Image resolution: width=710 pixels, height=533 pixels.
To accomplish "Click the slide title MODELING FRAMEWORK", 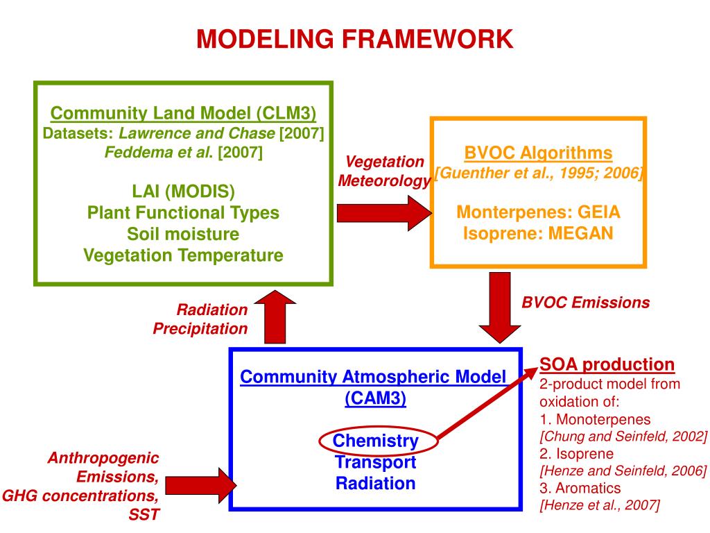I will point(354,39).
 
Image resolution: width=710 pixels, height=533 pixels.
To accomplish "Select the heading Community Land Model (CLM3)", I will point(184,112).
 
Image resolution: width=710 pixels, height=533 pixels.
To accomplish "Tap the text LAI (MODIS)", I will point(183,191).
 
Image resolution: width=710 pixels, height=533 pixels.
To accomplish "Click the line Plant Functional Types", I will point(183,212).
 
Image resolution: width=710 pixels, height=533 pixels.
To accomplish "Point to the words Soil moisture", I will point(183,234).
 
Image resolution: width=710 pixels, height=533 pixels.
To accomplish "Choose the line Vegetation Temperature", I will point(183,255).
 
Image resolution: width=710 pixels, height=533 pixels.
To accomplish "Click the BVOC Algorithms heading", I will point(538,153).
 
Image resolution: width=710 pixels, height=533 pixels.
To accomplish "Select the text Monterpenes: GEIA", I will point(538,212).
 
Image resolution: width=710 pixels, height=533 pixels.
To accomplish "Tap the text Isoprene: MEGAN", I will point(538,233).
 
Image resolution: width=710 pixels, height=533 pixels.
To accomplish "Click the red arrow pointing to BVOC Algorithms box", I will point(382,212).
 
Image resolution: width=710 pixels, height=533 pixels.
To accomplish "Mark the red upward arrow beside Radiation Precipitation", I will point(276,317).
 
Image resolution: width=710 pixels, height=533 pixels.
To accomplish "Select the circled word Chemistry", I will point(375,441).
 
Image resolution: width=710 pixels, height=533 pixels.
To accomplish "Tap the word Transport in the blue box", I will point(375,462).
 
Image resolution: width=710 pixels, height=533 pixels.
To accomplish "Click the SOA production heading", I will point(607,365).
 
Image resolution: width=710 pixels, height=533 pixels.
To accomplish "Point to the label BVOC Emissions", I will point(585,303).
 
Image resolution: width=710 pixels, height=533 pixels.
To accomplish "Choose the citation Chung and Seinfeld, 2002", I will point(623,437).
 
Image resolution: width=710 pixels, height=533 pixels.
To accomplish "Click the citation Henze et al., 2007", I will point(600,506).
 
